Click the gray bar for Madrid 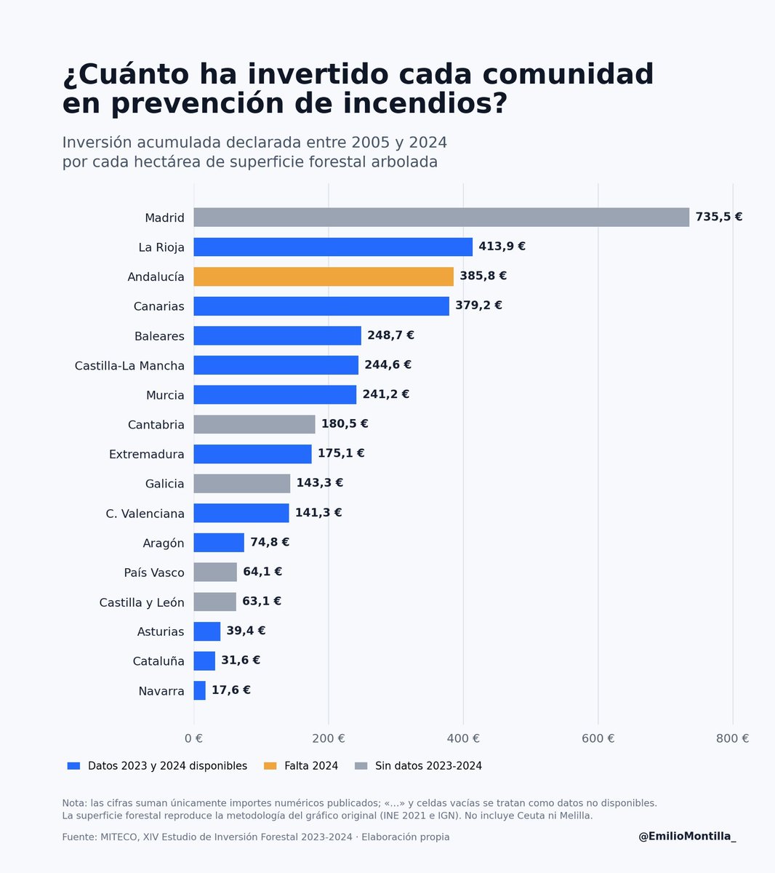[x=441, y=218]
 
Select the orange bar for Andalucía [x=324, y=276]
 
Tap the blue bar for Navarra [x=199, y=690]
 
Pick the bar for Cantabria [x=254, y=424]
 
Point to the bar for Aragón [x=219, y=543]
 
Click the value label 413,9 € [x=502, y=246]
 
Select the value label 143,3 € [x=319, y=482]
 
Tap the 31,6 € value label [x=241, y=660]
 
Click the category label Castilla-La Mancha [x=129, y=365]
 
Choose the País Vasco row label [x=154, y=573]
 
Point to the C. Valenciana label [x=145, y=513]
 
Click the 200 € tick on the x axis [x=329, y=738]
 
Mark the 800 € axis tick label [x=733, y=738]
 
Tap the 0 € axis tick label [x=193, y=738]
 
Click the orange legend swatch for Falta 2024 [x=270, y=766]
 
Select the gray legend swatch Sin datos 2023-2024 [x=361, y=766]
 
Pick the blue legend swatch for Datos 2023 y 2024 [x=73, y=766]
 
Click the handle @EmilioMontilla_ [x=687, y=837]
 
